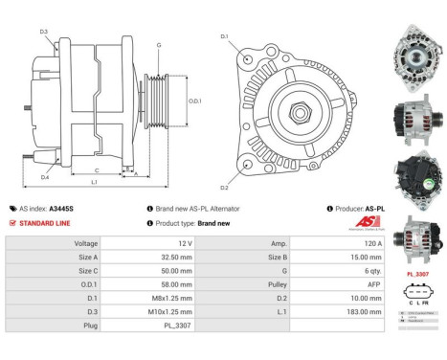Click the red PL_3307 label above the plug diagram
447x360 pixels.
coord(417,274)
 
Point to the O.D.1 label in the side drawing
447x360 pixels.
coord(194,101)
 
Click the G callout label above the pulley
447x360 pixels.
coord(159,46)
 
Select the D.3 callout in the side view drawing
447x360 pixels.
coord(44,32)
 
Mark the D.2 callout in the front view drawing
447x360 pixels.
coord(225,188)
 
